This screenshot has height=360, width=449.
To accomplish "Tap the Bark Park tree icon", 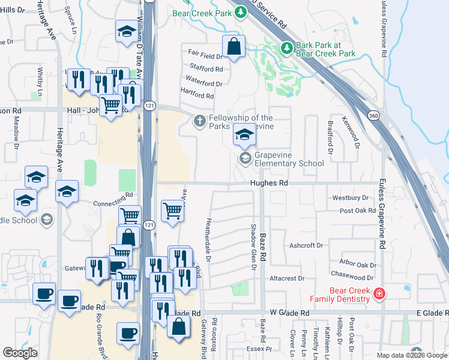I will [x=287, y=47].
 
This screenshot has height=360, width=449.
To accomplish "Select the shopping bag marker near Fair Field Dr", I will [x=233, y=46].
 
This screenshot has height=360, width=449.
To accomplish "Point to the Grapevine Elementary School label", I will [x=289, y=159].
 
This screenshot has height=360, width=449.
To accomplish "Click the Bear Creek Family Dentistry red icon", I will [x=379, y=293].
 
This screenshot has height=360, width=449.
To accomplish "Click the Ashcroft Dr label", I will [x=306, y=245].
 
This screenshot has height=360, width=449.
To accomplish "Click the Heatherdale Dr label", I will [x=208, y=239].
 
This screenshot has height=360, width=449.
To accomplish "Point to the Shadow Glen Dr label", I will [x=253, y=247].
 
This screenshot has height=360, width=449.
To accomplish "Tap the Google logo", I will [x=20, y=353].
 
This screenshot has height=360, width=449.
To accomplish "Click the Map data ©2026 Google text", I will [x=412, y=355].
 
